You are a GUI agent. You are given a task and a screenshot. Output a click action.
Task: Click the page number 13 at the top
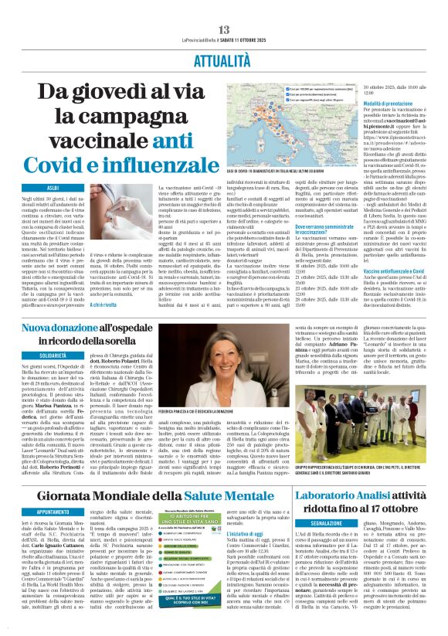pyautogui.click(x=222, y=7)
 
